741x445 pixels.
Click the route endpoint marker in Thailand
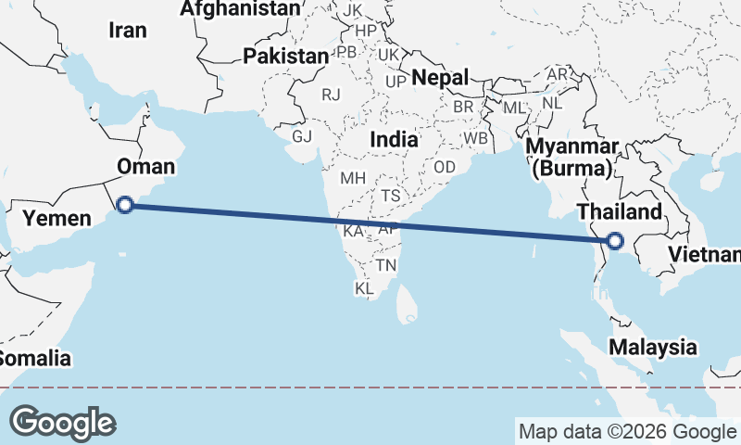coord(614,242)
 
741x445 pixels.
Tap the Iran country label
coord(128,30)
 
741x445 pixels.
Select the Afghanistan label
coord(240,9)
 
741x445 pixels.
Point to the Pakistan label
coord(285,56)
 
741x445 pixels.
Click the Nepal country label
coord(440,77)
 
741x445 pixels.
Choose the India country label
coord(394,138)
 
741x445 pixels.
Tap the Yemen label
coord(57,219)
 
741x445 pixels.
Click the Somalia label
coord(33,358)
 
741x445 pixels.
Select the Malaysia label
coord(653,348)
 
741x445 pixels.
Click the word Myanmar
coord(571,148)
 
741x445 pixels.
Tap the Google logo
coord(62,422)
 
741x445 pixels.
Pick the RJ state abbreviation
coord(331,95)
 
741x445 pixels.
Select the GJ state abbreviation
coord(302,136)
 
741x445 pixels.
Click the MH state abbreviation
coord(353,178)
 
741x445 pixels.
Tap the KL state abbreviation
coord(365,289)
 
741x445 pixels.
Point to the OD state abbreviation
coord(445,167)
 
